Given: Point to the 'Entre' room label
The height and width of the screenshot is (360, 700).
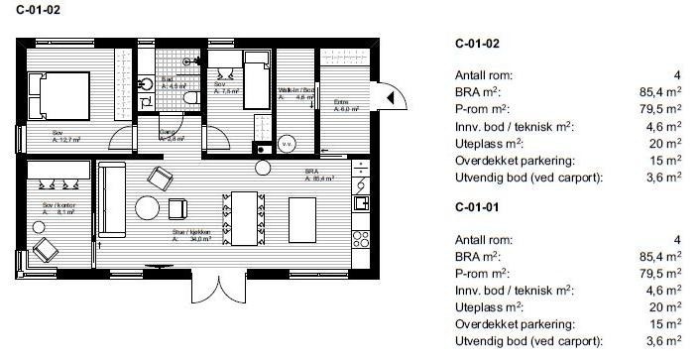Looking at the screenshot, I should click(x=342, y=106).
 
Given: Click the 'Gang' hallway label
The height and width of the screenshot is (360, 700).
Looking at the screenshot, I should click(x=170, y=137).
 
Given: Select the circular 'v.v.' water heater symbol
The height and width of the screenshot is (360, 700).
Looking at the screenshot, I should click(x=287, y=143).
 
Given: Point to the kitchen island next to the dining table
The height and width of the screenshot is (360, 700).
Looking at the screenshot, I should click(x=303, y=217).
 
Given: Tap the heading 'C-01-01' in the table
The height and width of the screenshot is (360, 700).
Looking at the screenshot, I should click(x=476, y=209).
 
